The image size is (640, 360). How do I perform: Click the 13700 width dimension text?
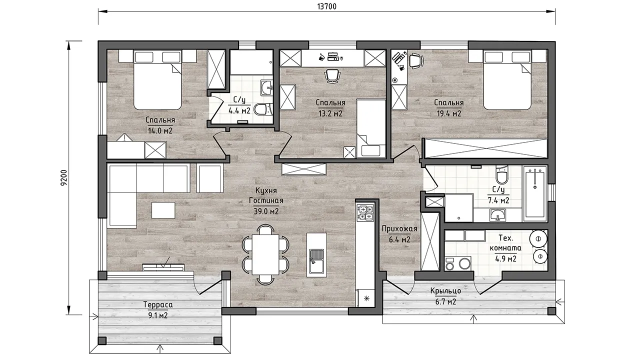(327, 6)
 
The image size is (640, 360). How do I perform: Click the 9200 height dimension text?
(63, 177)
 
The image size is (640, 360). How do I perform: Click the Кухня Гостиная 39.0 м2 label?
(266, 201)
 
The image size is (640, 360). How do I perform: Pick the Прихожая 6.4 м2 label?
(399, 234)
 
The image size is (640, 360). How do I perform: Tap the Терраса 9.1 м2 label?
(158, 310)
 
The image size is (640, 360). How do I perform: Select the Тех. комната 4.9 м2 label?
(505, 248)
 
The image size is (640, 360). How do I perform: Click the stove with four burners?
(365, 213)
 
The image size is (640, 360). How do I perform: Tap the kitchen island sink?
(316, 261)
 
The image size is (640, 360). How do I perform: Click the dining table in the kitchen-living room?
(265, 254)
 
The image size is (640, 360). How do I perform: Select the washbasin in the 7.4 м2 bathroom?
(497, 215)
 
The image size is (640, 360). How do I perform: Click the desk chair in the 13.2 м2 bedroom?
(332, 75)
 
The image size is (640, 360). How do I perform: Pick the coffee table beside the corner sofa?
(163, 210)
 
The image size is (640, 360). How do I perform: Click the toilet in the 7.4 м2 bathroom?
(501, 175)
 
